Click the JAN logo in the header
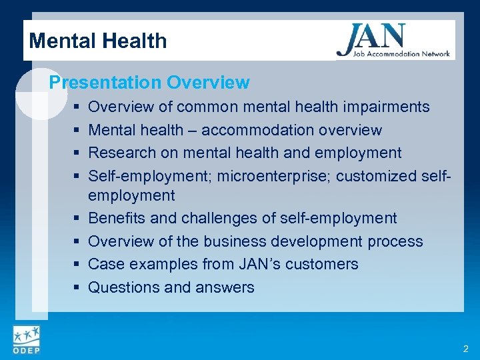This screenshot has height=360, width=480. click(393, 40)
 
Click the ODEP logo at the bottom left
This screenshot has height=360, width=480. click(25, 340)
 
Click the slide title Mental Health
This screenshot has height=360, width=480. click(98, 41)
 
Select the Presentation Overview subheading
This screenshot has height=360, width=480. click(149, 83)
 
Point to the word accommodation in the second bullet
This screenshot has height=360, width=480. click(268, 130)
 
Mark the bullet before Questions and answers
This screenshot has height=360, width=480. click(78, 287)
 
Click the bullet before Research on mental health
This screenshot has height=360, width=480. click(78, 153)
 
